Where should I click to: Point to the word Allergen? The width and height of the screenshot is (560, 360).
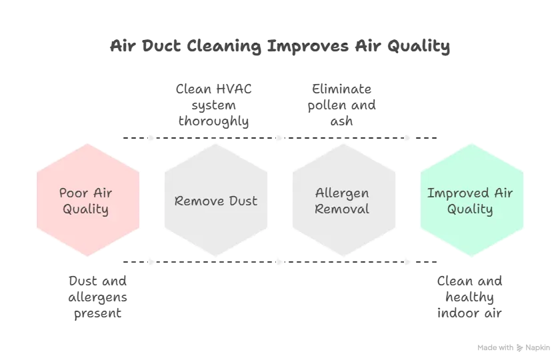coord(343,193)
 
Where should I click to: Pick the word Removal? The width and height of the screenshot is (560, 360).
coord(343,209)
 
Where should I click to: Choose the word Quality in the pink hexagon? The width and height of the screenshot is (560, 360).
coord(86,209)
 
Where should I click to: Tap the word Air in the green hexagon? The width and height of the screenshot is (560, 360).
coord(503,193)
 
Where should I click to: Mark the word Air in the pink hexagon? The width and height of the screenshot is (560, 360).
coord(102,193)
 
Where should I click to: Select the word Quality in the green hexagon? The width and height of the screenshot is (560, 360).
coord(471,209)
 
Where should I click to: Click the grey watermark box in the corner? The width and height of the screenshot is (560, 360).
coord(514,347)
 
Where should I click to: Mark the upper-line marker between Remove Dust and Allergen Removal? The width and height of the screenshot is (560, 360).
coord(280,137)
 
